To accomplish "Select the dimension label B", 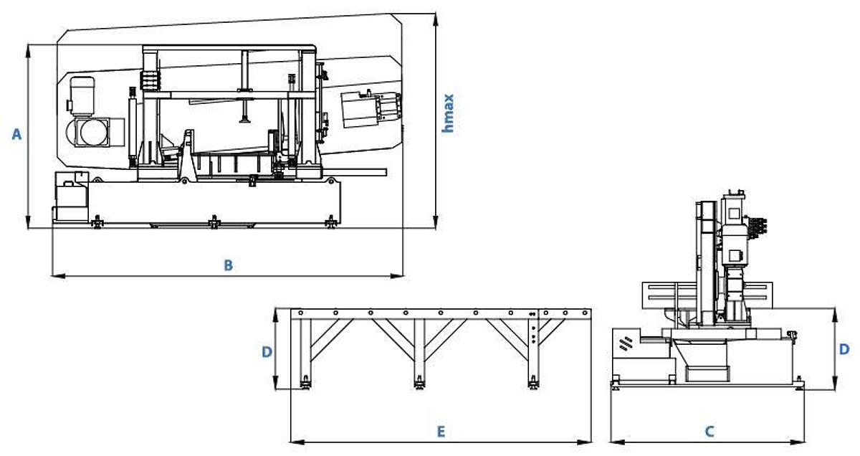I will tap(228, 265).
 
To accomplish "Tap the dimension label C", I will tap(709, 432).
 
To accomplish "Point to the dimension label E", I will tap(441, 432).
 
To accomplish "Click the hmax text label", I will tap(449, 113).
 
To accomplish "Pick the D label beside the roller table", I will tap(267, 351).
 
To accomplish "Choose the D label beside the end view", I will tap(844, 349).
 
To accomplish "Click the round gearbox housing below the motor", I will tap(90, 132).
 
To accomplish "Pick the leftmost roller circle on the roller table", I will tap(300, 313).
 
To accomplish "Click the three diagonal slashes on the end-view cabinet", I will tap(626, 343).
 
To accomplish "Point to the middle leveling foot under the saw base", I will tap(213, 222).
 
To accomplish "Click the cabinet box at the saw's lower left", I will tap(71, 199).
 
